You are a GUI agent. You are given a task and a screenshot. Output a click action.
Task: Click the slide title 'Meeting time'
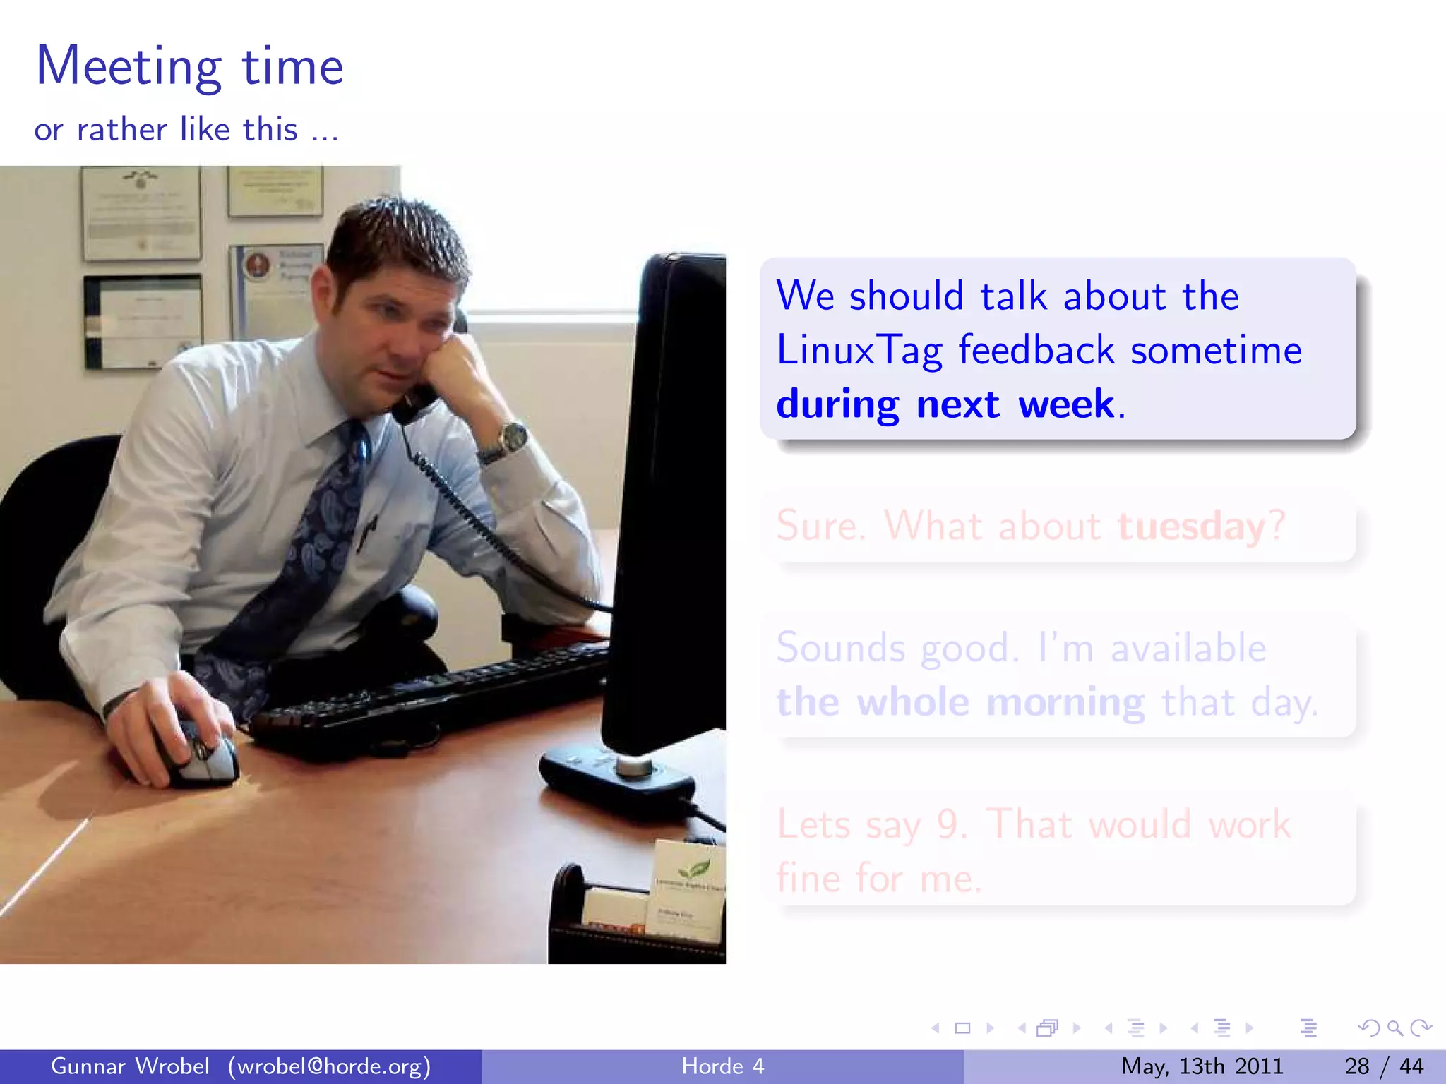pos(189,66)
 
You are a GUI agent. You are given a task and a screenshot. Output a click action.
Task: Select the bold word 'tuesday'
pos(1191,526)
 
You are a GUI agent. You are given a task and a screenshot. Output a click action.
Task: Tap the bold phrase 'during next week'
pos(945,405)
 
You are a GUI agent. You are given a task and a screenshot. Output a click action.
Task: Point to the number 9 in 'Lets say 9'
pos(948,824)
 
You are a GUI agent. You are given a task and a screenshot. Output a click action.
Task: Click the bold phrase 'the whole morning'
pos(960,703)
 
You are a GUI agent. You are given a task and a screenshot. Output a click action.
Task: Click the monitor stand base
pos(614,776)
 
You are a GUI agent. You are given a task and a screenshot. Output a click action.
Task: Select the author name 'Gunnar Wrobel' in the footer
pos(130,1066)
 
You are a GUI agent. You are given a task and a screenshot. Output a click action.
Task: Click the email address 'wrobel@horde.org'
pos(329,1066)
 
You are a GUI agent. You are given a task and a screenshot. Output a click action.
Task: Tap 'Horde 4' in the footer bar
pos(722,1066)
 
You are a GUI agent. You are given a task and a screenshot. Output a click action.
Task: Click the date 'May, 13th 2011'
pos(1202,1066)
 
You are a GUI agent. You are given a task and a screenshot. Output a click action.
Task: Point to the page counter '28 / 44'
pos(1384,1066)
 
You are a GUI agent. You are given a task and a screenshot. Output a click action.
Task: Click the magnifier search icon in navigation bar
pos(1394,1028)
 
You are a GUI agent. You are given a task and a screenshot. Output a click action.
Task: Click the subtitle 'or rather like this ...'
pos(186,130)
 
